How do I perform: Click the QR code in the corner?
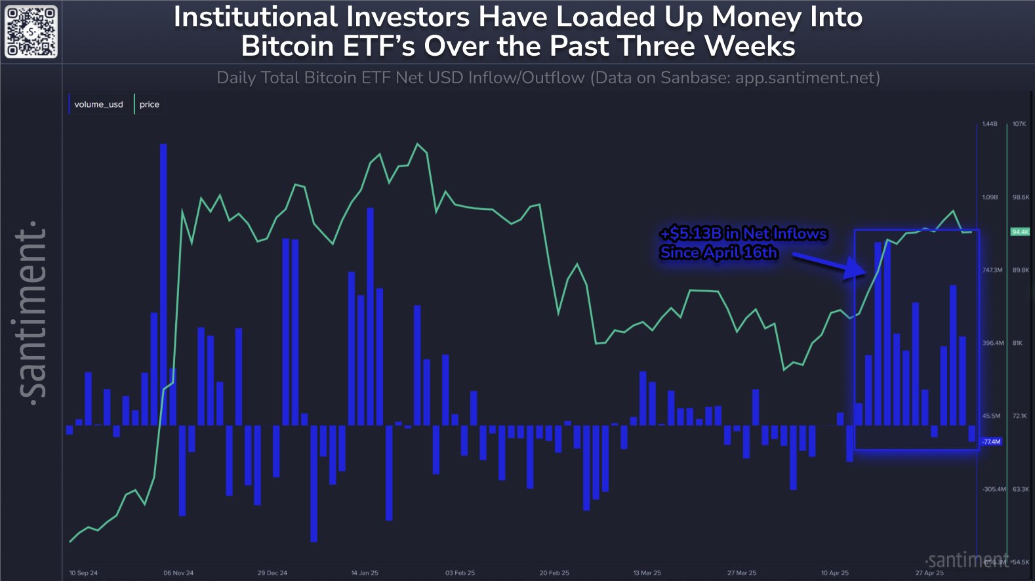click(x=31, y=31)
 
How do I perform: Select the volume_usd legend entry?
click(x=98, y=104)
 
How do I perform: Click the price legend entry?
click(x=149, y=104)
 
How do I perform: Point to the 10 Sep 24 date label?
click(x=83, y=573)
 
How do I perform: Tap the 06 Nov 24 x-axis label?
click(x=178, y=573)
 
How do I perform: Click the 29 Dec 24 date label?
click(x=272, y=573)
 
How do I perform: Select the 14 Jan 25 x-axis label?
click(x=365, y=573)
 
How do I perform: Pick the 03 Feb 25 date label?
click(x=460, y=573)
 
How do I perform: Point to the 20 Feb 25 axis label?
click(x=554, y=573)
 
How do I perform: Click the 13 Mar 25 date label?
click(x=647, y=573)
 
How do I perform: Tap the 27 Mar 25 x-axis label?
click(x=742, y=573)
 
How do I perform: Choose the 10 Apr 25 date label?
click(x=835, y=573)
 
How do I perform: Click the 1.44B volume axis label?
click(x=989, y=124)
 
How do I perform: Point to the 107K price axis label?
click(x=1019, y=124)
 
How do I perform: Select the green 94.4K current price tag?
click(x=1020, y=232)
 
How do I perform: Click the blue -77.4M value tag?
click(x=991, y=442)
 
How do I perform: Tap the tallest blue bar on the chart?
click(x=163, y=282)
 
